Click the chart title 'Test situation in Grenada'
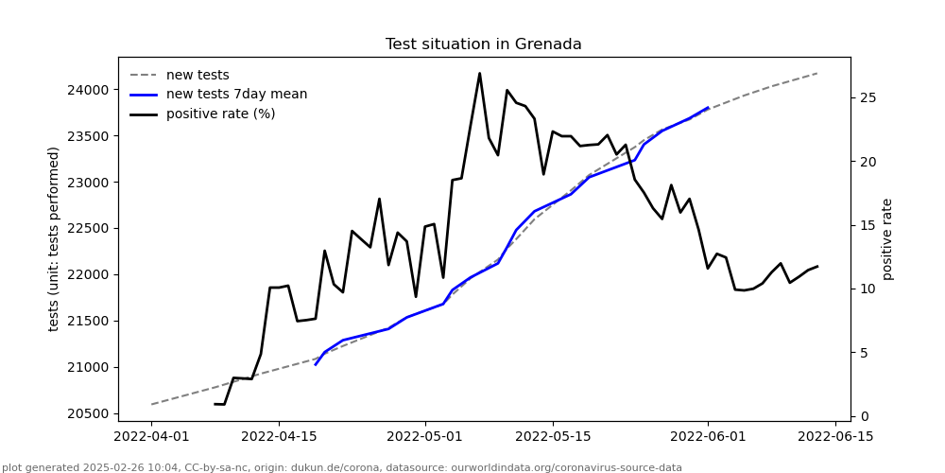(x=483, y=44)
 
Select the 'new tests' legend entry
(x=198, y=75)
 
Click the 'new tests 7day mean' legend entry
(x=236, y=95)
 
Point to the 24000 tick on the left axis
(x=89, y=90)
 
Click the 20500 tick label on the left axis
(x=89, y=413)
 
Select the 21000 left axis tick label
(x=89, y=367)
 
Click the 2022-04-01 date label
(x=151, y=437)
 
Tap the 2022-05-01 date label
(x=424, y=437)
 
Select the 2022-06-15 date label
(x=834, y=437)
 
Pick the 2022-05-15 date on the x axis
(x=552, y=437)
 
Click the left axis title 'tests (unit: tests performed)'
(x=54, y=238)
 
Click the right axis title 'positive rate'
(x=887, y=238)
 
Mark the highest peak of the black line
(x=479, y=73)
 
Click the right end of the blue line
(x=708, y=108)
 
